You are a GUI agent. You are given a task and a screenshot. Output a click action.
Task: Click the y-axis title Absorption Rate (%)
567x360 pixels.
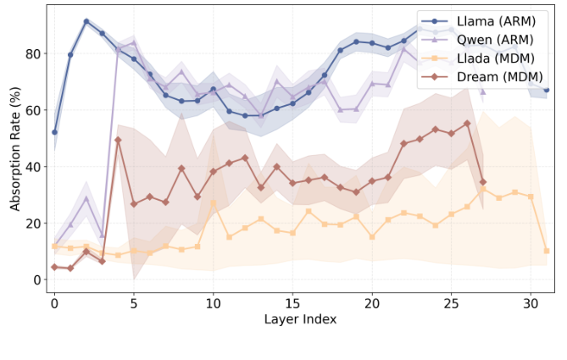pos(15,149)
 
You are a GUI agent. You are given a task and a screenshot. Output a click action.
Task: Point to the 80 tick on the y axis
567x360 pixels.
pos(34,53)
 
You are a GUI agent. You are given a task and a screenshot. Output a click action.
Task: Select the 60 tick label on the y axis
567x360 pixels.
pos(34,110)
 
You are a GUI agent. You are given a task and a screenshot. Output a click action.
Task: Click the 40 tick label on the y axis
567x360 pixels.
pos(34,167)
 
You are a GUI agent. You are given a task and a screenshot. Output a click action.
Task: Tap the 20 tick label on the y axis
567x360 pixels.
pos(34,223)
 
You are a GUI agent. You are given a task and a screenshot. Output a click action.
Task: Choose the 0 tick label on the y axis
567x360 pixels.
pos(37,280)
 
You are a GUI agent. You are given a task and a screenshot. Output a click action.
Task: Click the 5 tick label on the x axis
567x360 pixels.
pos(134,302)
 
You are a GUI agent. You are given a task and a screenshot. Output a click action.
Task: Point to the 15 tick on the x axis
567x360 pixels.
pos(292,302)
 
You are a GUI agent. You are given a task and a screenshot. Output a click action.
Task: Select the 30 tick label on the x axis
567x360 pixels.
pos(531,302)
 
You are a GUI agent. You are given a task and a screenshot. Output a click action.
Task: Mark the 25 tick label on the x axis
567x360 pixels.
pos(451,302)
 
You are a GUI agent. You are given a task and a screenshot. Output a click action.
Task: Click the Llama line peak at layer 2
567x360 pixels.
pos(86,21)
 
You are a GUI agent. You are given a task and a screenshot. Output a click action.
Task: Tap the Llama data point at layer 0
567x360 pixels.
pos(54,132)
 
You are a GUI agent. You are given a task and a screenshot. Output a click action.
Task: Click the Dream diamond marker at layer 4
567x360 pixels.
pos(118,140)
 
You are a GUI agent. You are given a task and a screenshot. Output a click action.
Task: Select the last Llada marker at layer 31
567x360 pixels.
pos(547,251)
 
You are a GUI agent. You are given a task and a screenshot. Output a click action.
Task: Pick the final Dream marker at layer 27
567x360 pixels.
pos(483,182)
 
